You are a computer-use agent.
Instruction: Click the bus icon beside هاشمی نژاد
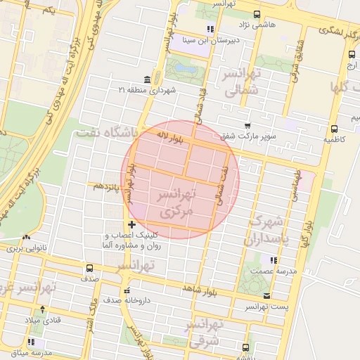[x=256, y=15]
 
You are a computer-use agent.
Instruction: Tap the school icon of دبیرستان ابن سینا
[x=209, y=29]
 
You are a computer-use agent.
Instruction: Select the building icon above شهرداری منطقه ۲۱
[x=146, y=79]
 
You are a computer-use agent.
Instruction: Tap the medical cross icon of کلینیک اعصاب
[x=131, y=224]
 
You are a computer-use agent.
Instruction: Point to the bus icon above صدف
[x=89, y=268]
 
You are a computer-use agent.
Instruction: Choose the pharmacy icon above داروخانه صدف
[x=127, y=290]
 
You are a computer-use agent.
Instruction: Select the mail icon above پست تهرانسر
[x=266, y=296]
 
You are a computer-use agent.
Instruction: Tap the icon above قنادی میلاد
[x=42, y=309]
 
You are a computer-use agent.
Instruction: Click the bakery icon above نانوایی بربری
[x=24, y=238]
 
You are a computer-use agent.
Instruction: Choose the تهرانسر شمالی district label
[x=243, y=83]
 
